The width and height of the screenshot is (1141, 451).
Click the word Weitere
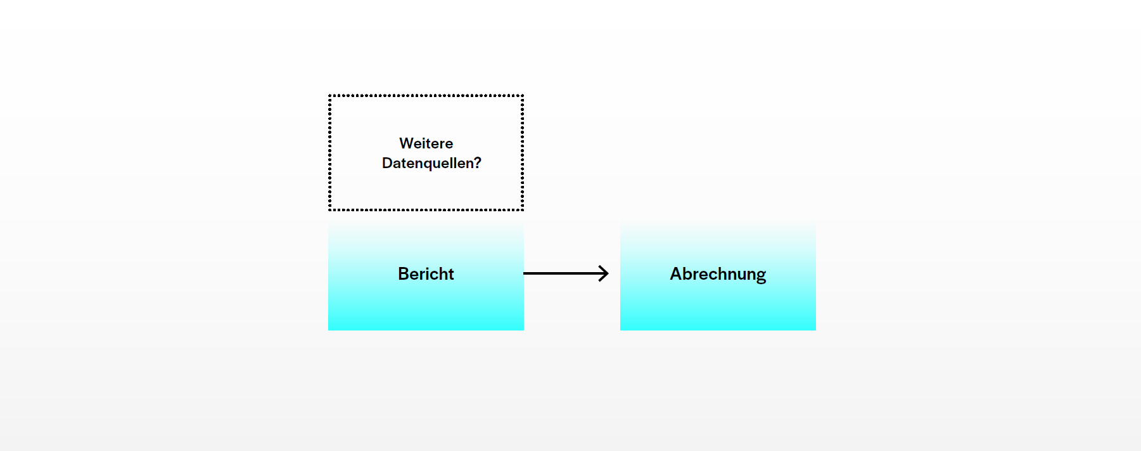pyautogui.click(x=426, y=143)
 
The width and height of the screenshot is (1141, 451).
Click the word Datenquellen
pyautogui.click(x=428, y=163)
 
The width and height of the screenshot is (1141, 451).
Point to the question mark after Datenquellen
pyautogui.click(x=478, y=163)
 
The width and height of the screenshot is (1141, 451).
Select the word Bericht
pyautogui.click(x=426, y=274)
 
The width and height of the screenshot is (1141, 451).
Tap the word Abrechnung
pyautogui.click(x=718, y=274)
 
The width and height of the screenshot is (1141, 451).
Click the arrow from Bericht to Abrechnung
pyautogui.click(x=565, y=273)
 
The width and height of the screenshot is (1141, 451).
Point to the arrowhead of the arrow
pyautogui.click(x=605, y=273)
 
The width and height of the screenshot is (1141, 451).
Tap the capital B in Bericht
pyautogui.click(x=404, y=274)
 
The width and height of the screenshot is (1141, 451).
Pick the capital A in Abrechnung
pyautogui.click(x=676, y=274)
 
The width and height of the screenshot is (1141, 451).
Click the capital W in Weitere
pyautogui.click(x=406, y=143)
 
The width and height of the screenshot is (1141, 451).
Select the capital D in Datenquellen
pyautogui.click(x=387, y=163)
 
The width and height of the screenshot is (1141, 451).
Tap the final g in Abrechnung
pyautogui.click(x=760, y=275)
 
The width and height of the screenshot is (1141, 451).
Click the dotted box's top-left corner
pyautogui.click(x=330, y=96)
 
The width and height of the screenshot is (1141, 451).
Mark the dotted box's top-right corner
pyautogui.click(x=522, y=96)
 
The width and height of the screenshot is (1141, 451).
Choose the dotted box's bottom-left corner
pyautogui.click(x=330, y=209)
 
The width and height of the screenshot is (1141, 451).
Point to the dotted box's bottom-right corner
pyautogui.click(x=522, y=209)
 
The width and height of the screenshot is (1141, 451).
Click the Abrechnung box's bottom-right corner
pyautogui.click(x=815, y=329)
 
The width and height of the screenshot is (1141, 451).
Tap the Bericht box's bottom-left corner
pyautogui.click(x=329, y=329)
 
